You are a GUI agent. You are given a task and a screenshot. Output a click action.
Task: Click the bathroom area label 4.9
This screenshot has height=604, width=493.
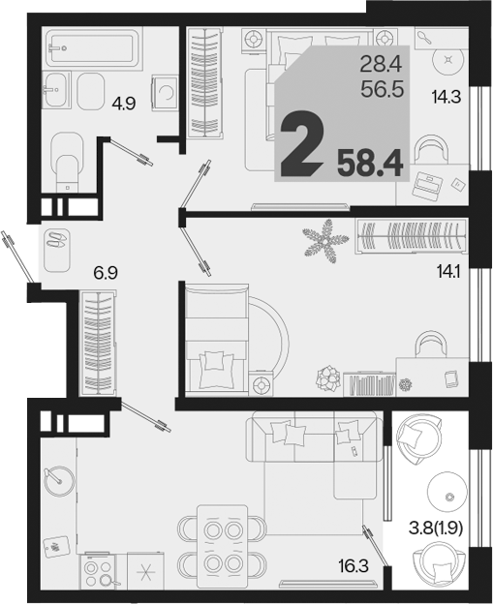tap(124, 104)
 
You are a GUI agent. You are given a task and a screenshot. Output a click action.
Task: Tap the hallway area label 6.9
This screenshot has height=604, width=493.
tap(106, 273)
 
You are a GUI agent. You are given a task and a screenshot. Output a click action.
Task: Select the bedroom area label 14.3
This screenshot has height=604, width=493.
tap(447, 96)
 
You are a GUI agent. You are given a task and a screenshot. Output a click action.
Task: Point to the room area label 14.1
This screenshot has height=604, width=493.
tap(449, 272)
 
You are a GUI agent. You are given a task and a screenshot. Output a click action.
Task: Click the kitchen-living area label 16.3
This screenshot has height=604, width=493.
tap(354, 566)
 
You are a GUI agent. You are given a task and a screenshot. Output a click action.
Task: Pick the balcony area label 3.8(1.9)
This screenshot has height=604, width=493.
tap(436, 528)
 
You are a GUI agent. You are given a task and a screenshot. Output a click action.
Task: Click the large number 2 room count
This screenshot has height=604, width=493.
tap(301, 143)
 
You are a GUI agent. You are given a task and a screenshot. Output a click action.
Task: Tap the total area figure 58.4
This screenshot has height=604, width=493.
tap(370, 164)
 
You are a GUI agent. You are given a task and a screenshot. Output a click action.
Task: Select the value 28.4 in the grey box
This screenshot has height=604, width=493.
tap(381, 64)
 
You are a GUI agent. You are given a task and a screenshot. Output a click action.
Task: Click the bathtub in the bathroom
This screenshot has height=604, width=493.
tap(92, 48)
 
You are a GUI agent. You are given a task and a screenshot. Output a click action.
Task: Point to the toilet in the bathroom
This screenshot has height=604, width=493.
tap(67, 162)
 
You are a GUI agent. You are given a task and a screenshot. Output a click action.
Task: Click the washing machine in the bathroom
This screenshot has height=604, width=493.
tap(165, 93)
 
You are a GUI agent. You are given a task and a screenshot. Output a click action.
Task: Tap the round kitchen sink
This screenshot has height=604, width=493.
tap(59, 481)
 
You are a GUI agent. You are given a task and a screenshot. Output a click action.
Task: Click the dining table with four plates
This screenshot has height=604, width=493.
tap(222, 547)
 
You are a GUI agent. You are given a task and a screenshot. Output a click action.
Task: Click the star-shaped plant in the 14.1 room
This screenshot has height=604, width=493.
tap(326, 241)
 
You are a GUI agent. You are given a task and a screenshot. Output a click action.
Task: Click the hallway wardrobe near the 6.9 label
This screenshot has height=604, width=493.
tap(98, 343)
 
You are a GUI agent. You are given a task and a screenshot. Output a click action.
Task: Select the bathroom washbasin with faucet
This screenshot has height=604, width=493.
tap(56, 90)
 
